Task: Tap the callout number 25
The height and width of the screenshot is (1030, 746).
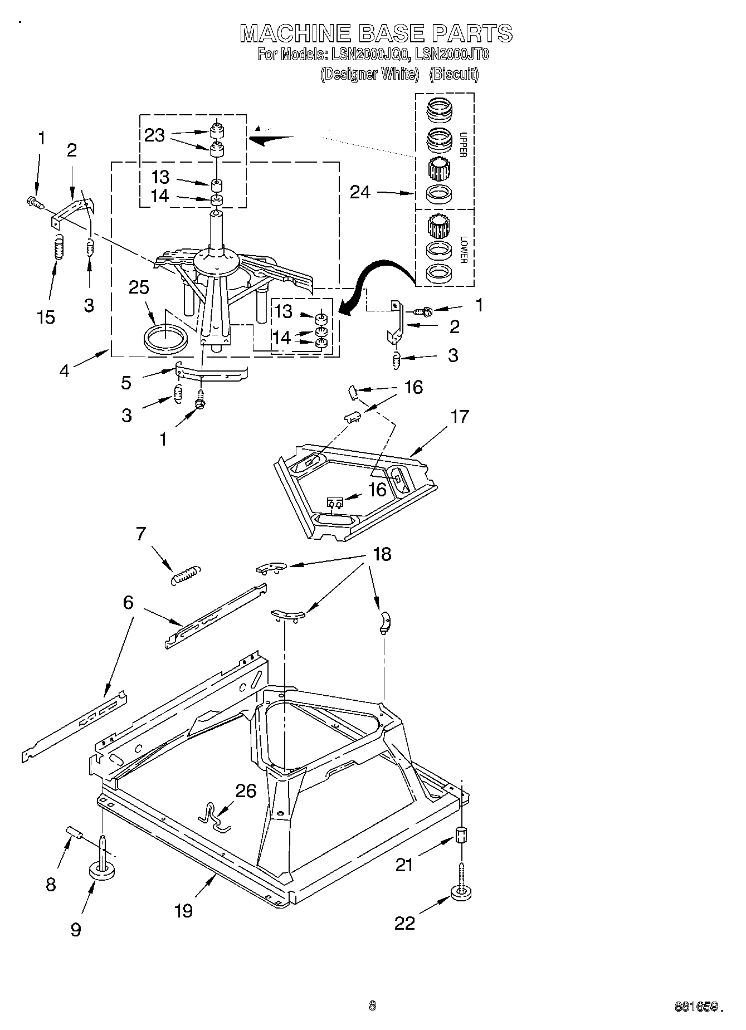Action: coord(139,287)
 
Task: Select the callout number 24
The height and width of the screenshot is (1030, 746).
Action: coord(360,192)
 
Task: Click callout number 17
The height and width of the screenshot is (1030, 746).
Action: coord(460,416)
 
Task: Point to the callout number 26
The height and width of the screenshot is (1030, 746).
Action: coord(246,790)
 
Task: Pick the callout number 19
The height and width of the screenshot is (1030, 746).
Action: coord(183,910)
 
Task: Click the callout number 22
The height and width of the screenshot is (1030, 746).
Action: coord(405,923)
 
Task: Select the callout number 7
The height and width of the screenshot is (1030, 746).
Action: coord(140,534)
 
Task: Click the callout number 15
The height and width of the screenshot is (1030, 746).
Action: coord(46,317)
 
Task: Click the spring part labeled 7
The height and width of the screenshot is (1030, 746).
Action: coord(185,574)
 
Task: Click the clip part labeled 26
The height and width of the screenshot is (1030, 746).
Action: coord(214,818)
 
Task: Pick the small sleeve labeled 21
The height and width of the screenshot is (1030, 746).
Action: coord(462,835)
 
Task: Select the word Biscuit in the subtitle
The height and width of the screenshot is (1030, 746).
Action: coord(454,74)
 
